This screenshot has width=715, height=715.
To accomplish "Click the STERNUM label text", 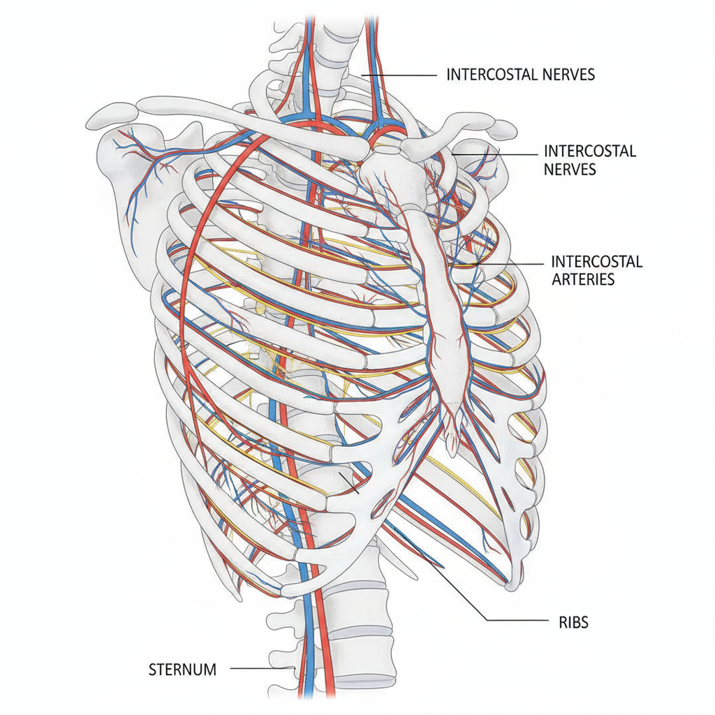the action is coord(182,670).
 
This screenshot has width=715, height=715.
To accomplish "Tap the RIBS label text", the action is coord(574,622).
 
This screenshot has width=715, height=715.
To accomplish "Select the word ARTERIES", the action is coord(583,279).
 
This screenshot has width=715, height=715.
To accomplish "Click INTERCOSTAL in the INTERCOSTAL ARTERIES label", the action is coord(597,261).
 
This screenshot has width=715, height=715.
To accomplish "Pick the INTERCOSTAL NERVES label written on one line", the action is coord(520,74).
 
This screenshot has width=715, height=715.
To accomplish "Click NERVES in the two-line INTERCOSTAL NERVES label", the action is coord(570,169).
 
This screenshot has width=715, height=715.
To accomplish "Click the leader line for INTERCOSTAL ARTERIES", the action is coord(508,263).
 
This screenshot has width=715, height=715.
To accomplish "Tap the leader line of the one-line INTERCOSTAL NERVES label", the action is coord(399,75).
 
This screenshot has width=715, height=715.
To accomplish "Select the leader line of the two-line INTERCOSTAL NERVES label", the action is coord(495,154).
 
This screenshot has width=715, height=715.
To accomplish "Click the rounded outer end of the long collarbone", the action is coord(110,117).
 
